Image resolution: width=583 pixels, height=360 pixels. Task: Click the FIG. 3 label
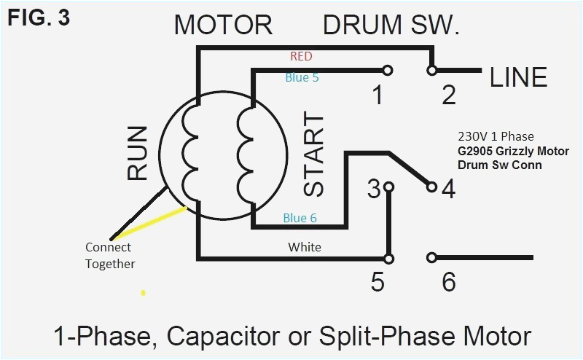pos(39,17)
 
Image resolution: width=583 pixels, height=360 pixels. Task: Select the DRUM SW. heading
pos(391,26)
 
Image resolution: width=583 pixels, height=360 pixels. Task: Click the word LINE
pos(518,77)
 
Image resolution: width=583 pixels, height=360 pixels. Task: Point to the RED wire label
pos(302,56)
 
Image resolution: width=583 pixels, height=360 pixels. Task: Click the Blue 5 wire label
pos(302,77)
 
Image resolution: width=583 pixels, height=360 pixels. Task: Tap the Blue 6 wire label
pos(300,218)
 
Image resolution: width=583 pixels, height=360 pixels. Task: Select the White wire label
pos(305,247)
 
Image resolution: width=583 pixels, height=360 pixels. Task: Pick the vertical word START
pos(313,154)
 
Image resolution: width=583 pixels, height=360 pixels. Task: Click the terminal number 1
pos(377,95)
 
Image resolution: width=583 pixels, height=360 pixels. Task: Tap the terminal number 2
pos(449,95)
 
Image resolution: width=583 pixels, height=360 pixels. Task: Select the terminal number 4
pos(448,189)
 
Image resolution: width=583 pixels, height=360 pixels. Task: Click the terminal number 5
pos(377,282)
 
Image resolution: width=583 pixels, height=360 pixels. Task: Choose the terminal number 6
pos(449,282)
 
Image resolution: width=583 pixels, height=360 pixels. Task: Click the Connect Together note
pos(110,255)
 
